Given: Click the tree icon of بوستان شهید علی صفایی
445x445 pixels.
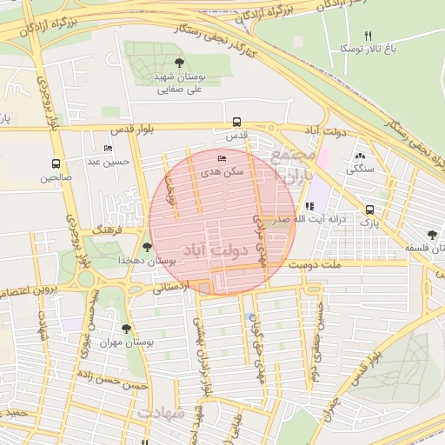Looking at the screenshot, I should (179, 62).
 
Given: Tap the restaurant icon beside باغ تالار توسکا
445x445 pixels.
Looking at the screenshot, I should (368, 36).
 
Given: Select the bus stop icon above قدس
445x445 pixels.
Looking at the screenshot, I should (236, 123).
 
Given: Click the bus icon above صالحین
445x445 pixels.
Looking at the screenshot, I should (56, 163).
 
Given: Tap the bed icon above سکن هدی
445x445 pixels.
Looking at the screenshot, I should (221, 159).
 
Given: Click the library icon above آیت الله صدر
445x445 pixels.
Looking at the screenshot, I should (309, 206).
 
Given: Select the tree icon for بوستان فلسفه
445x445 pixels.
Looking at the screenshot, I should (432, 234).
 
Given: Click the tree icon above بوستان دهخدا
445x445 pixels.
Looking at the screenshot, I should (146, 247).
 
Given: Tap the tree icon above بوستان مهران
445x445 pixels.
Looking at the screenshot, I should (127, 329).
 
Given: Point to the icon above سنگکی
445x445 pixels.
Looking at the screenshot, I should (359, 156).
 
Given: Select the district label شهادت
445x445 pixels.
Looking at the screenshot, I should (161, 413).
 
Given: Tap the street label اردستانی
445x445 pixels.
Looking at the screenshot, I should (170, 287).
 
